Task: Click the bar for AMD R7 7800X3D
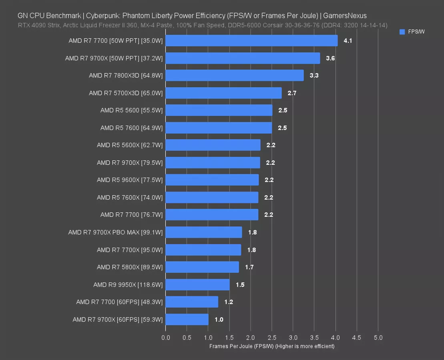pyautogui.click(x=234, y=76)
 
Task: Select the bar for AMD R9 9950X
pyautogui.click(x=197, y=285)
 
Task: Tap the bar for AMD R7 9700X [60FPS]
pyautogui.click(x=187, y=320)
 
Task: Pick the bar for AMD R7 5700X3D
pyautogui.click(x=223, y=93)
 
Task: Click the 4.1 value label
pyautogui.click(x=348, y=41)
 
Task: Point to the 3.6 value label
pyautogui.click(x=330, y=58)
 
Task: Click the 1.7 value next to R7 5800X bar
pyautogui.click(x=249, y=267)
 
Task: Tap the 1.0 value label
pyautogui.click(x=219, y=320)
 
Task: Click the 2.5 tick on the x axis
pyautogui.click(x=272, y=338)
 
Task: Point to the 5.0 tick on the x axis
pyautogui.click(x=378, y=338)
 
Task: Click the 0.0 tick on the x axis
pyautogui.click(x=165, y=338)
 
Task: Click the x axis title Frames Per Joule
pyautogui.click(x=272, y=346)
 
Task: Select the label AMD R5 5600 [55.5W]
pyautogui.click(x=131, y=110)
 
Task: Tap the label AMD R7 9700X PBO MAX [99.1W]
pyautogui.click(x=115, y=232)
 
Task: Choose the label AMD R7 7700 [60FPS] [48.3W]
pyautogui.click(x=119, y=302)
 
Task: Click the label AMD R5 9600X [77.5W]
pyautogui.click(x=130, y=180)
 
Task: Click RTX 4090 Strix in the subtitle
pyautogui.click(x=35, y=25)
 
